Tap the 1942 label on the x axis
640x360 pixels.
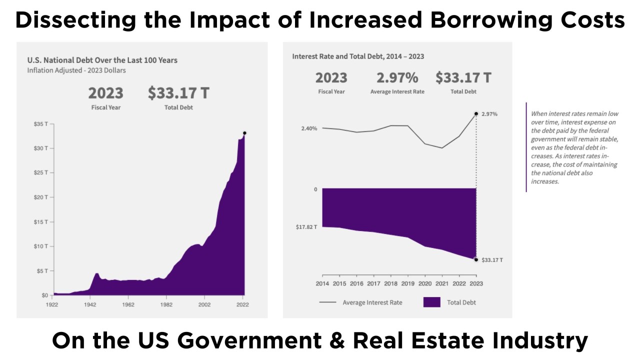click(x=90, y=304)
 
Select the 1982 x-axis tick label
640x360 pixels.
click(x=166, y=304)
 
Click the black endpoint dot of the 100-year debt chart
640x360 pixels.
click(x=244, y=133)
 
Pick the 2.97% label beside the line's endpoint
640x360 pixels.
click(x=489, y=114)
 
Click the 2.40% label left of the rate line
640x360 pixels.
click(x=309, y=128)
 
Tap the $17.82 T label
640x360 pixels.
click(x=306, y=227)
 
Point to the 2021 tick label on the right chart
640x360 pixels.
click(x=442, y=284)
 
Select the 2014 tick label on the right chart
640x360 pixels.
click(x=322, y=284)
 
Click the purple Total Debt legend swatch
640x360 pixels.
click(x=432, y=302)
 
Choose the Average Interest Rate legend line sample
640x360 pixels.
click(x=327, y=302)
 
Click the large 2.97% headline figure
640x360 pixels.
click(x=397, y=78)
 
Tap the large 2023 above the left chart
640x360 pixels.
click(x=105, y=93)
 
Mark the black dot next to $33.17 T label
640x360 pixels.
click(x=476, y=259)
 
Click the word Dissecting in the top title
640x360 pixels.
click(x=68, y=21)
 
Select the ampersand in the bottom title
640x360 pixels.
click(x=338, y=341)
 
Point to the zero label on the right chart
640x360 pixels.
click(x=315, y=189)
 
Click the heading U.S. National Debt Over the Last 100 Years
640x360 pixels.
click(x=102, y=60)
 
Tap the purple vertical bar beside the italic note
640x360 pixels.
click(x=526, y=147)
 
